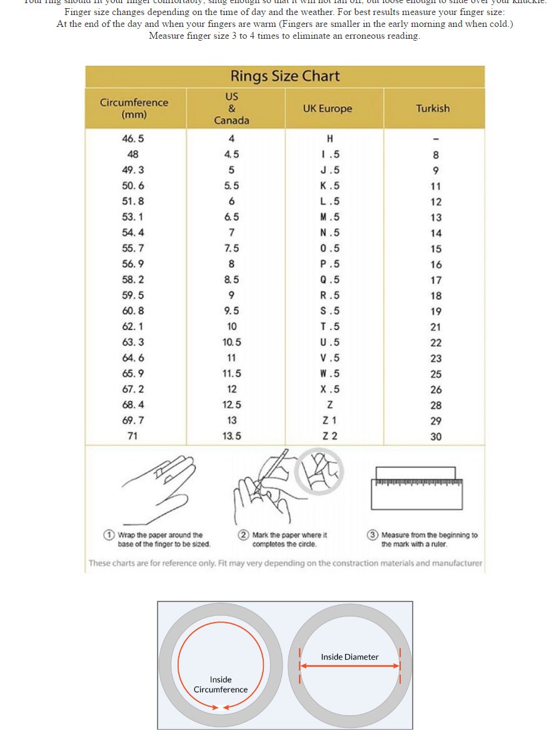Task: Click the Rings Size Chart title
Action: tap(285, 76)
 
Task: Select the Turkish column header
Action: tap(433, 108)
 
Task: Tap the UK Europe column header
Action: tap(327, 108)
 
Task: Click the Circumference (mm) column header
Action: tap(134, 108)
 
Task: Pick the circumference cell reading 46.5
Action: tap(133, 139)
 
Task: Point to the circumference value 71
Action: tap(133, 436)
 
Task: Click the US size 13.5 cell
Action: tap(231, 436)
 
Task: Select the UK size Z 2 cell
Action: tap(330, 436)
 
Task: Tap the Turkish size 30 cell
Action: tap(436, 437)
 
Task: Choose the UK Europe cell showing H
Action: tap(330, 139)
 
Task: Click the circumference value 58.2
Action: tap(133, 280)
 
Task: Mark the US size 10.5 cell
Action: tap(231, 342)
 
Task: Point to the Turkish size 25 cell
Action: tap(436, 374)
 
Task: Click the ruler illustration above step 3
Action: tap(417, 488)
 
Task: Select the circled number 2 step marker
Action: tap(243, 535)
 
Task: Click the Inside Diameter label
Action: tap(350, 656)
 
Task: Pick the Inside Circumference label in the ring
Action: tap(220, 684)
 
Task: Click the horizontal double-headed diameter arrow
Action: tap(350, 667)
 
